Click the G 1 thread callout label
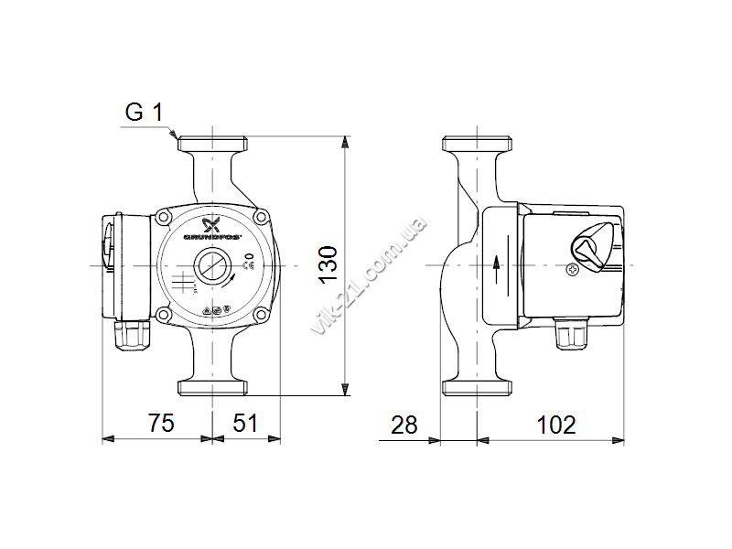(145, 112)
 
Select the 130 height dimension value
(328, 264)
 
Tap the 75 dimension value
(161, 423)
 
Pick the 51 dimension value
(245, 423)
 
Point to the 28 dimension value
(404, 425)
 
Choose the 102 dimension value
(556, 425)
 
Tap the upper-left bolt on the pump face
(163, 216)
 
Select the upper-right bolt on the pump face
(261, 216)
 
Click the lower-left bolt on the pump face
(163, 313)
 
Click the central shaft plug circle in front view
(212, 265)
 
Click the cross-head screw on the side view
(573, 270)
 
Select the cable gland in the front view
(132, 336)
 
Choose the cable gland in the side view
(571, 333)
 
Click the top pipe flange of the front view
(212, 144)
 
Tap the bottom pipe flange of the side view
(477, 387)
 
